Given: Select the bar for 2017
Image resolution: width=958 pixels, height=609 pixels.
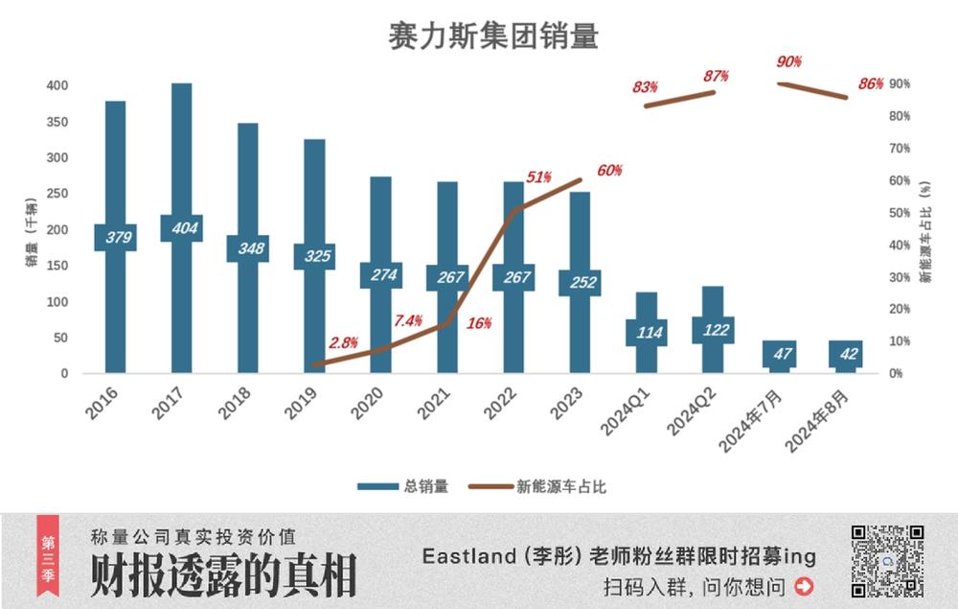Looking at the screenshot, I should click(x=181, y=153).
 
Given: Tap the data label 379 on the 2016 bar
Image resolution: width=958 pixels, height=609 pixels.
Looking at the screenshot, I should click(x=115, y=238).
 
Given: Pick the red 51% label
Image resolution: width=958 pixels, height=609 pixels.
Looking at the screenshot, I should click(x=539, y=177).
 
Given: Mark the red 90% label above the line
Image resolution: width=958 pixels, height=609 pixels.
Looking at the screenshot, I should click(x=788, y=62).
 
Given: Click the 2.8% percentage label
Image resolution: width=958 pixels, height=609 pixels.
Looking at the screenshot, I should click(x=344, y=342).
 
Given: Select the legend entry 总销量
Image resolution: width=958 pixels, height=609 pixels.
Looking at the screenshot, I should click(x=402, y=486).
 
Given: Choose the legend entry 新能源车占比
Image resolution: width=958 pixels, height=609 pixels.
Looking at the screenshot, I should click(x=537, y=486).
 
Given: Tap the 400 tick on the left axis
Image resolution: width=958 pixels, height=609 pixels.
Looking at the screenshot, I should click(x=57, y=85).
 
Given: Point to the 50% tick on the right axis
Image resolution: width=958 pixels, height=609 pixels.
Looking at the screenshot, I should click(x=899, y=213).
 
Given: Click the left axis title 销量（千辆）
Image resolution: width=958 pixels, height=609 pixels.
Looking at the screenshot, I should click(x=32, y=229).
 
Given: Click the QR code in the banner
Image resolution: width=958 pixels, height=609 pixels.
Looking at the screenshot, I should click(x=887, y=561).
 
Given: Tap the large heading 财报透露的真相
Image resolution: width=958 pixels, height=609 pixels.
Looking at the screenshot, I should click(x=223, y=574).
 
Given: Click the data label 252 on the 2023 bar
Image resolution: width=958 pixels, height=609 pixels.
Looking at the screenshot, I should click(x=580, y=283).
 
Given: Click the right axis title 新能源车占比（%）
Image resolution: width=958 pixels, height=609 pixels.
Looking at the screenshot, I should click(x=926, y=229).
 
